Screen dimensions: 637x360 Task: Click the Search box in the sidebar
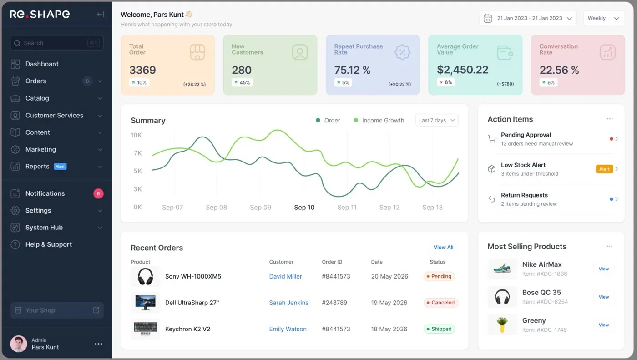57,43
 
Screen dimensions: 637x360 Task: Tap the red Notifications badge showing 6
98,193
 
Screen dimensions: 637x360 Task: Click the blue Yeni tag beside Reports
60,167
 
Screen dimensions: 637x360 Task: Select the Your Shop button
57,310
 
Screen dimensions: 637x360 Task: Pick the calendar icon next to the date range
488,18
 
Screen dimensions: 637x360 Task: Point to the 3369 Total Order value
142,70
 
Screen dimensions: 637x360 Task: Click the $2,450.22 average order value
462,70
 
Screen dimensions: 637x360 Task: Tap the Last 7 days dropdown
437,120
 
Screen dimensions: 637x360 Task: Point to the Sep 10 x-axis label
304,207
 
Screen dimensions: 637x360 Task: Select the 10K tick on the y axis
136,135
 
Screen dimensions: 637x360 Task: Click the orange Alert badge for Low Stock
604,169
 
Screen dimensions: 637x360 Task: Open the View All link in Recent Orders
443,248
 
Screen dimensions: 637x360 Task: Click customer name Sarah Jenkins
288,303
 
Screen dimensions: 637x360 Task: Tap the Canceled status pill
440,303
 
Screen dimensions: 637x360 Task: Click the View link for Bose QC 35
604,297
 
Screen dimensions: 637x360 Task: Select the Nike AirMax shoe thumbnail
502,268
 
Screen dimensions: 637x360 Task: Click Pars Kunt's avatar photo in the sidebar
19,344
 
